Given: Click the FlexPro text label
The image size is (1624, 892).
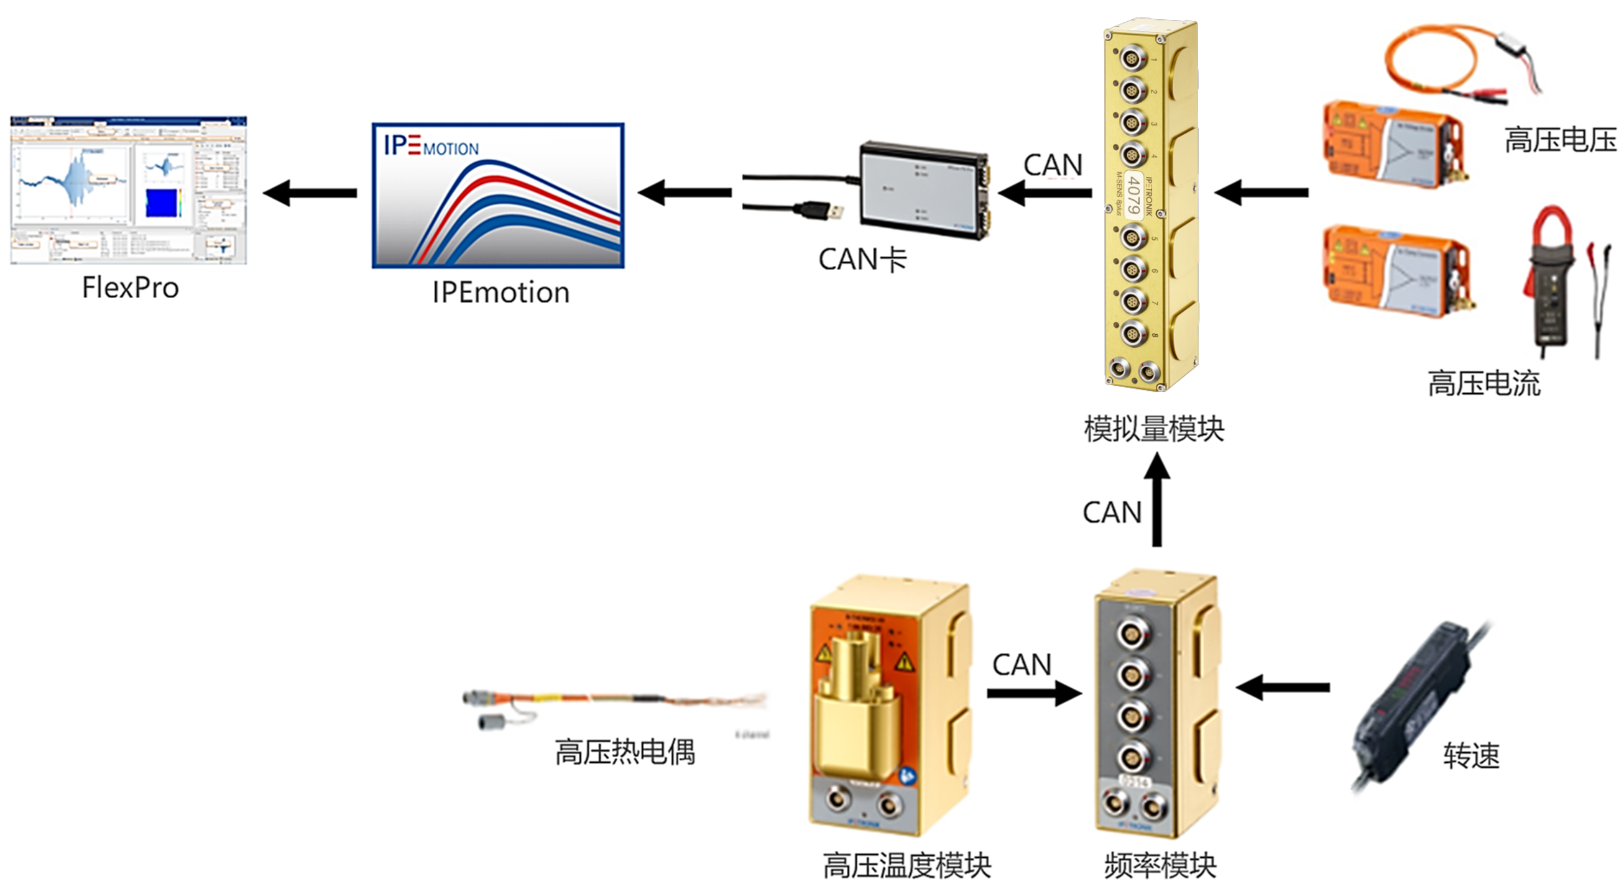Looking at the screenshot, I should (131, 288).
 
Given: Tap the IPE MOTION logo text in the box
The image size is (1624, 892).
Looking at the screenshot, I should (431, 146).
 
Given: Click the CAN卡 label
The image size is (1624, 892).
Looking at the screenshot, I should (862, 259).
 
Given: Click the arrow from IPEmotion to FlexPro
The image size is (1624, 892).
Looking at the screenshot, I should (310, 193).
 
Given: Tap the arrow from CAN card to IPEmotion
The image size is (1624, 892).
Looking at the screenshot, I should (685, 192).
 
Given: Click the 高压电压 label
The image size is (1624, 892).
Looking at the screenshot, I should (1561, 140).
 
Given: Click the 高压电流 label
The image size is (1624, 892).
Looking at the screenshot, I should (1483, 384).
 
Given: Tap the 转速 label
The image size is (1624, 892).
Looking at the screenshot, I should (1472, 755).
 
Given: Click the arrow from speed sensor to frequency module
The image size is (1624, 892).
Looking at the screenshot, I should (1283, 687).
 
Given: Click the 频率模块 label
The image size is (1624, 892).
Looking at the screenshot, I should (1160, 865).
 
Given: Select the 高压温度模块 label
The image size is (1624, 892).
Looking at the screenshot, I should (907, 865).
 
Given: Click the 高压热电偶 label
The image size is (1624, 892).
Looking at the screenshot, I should (625, 752).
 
